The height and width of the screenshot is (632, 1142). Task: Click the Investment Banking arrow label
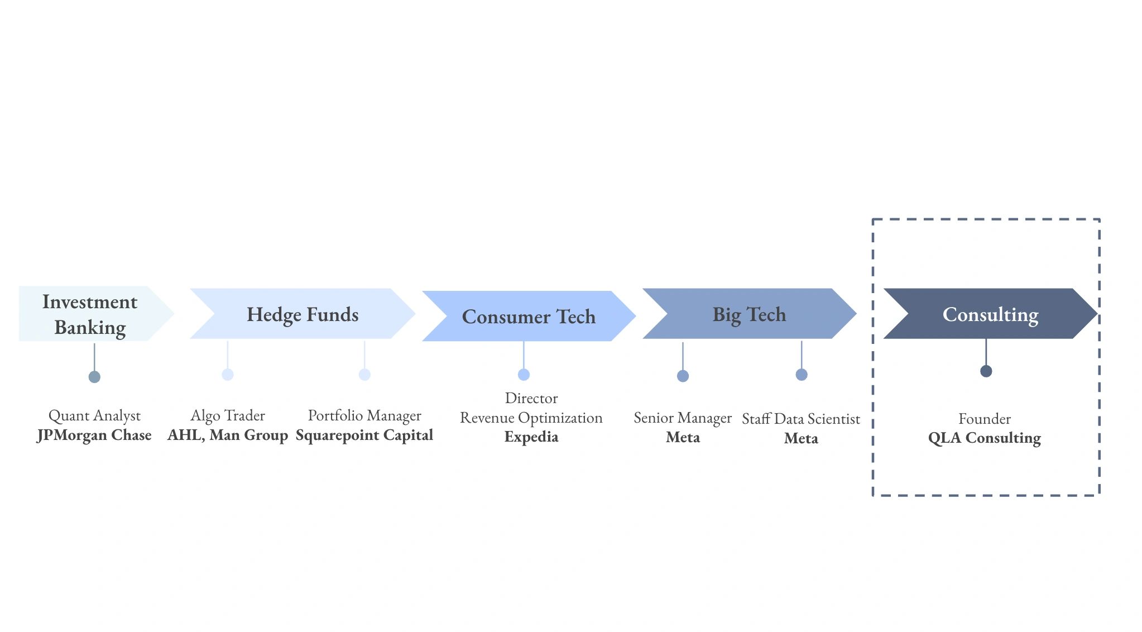tap(90, 314)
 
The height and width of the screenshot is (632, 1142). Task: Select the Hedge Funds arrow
tap(303, 314)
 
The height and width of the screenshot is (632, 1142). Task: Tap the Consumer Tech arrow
tap(529, 316)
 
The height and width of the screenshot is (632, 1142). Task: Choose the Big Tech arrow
tap(749, 314)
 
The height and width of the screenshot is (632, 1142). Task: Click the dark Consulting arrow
tap(990, 314)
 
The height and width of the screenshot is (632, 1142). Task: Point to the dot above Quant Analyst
tap(94, 377)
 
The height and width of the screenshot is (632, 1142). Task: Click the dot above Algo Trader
tap(228, 375)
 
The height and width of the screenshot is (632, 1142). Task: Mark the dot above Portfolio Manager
tap(364, 375)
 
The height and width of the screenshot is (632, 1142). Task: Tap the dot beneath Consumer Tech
tap(524, 375)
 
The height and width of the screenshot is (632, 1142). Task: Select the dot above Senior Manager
tap(683, 376)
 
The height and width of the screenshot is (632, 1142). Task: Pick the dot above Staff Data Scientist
tap(802, 375)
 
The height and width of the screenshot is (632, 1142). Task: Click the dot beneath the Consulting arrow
tap(986, 371)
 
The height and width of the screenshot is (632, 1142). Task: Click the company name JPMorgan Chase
tap(94, 435)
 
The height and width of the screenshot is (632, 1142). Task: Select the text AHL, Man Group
tap(228, 435)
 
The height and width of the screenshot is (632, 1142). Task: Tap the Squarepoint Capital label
tap(364, 435)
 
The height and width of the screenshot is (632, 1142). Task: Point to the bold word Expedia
tap(531, 437)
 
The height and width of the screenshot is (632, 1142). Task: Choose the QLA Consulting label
tap(985, 438)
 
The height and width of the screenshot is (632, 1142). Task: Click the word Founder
tap(985, 419)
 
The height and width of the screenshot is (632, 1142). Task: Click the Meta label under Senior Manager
tap(683, 437)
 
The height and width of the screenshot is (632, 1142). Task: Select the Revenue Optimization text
tap(531, 418)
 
